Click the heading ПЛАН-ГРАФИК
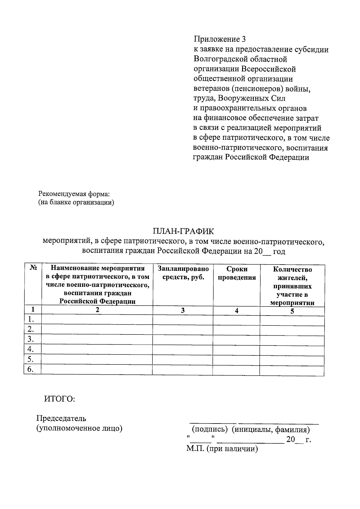183,231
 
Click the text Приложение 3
220,39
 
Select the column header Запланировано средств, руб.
183,273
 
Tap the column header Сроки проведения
237,273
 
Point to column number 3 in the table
183,310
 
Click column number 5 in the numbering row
292,311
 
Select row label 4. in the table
30,349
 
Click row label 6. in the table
30,369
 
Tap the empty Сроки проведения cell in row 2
236,330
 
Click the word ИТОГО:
59,399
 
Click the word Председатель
61,418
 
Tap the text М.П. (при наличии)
222,449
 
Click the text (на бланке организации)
76,202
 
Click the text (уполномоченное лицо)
79,428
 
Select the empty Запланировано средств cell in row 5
183,359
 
